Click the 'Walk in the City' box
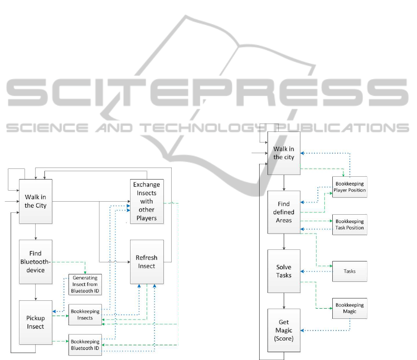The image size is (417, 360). (36, 201)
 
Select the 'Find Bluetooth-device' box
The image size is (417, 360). (36, 262)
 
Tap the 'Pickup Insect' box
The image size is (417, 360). (36, 322)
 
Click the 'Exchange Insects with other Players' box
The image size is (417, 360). (147, 201)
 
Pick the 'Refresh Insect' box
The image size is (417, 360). (147, 262)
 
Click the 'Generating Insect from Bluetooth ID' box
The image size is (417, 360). (85, 284)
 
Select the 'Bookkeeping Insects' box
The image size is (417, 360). (85, 315)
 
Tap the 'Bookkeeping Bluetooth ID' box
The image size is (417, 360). (85, 345)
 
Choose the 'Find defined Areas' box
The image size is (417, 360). (284, 212)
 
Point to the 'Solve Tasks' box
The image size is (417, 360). (284, 271)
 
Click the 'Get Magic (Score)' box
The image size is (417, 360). (284, 330)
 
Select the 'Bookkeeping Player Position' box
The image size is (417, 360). (350, 187)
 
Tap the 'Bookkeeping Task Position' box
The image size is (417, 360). (350, 224)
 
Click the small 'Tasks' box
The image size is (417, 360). (350, 271)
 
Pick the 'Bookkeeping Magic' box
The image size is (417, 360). (350, 308)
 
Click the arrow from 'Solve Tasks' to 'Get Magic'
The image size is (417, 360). (284, 301)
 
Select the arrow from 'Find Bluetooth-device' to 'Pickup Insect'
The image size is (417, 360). (36, 292)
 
